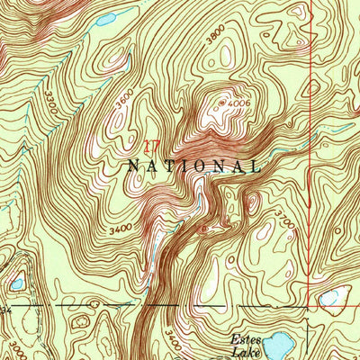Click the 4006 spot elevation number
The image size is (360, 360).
coord(238,104)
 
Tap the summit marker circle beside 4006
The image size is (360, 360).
coord(222,103)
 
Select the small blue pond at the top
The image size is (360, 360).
coord(105,19)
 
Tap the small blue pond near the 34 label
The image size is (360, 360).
coord(17,283)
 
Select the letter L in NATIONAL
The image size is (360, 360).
coord(256,166)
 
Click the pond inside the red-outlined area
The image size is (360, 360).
coord(331,296)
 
